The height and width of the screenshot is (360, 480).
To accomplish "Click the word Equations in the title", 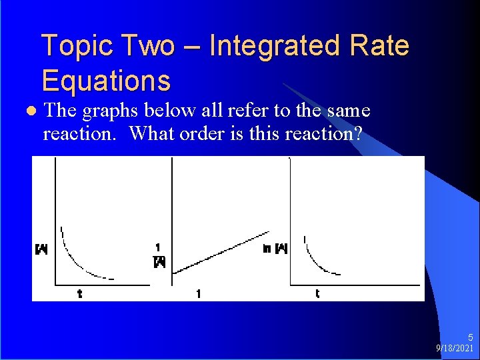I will tap(106, 81).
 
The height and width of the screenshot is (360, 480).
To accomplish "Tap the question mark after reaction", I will tap(359, 133).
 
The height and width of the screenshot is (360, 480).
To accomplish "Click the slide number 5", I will tap(470, 338).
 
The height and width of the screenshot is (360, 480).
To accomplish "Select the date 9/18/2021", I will tap(455, 349).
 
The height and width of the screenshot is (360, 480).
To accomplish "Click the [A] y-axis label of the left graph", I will tap(41, 250).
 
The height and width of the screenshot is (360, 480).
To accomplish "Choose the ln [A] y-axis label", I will tap(275, 249).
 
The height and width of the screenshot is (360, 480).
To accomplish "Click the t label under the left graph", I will tap(80, 293).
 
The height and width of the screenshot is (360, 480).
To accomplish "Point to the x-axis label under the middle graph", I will tap(198, 293).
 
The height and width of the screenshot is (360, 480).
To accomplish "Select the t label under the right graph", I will tap(317, 293).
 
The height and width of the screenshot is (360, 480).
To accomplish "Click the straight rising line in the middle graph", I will tap(220, 251).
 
